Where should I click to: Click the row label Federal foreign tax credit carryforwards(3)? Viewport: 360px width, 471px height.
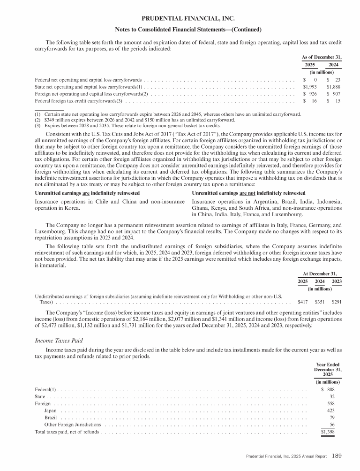point(79,101)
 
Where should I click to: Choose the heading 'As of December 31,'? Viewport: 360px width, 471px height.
point(321,57)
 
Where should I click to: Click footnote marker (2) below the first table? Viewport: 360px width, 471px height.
point(38,120)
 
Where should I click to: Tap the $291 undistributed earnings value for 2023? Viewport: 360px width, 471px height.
point(336,303)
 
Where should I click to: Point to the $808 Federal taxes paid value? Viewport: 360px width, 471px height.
point(328,389)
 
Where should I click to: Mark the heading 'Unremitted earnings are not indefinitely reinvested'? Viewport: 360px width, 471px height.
point(249,193)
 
